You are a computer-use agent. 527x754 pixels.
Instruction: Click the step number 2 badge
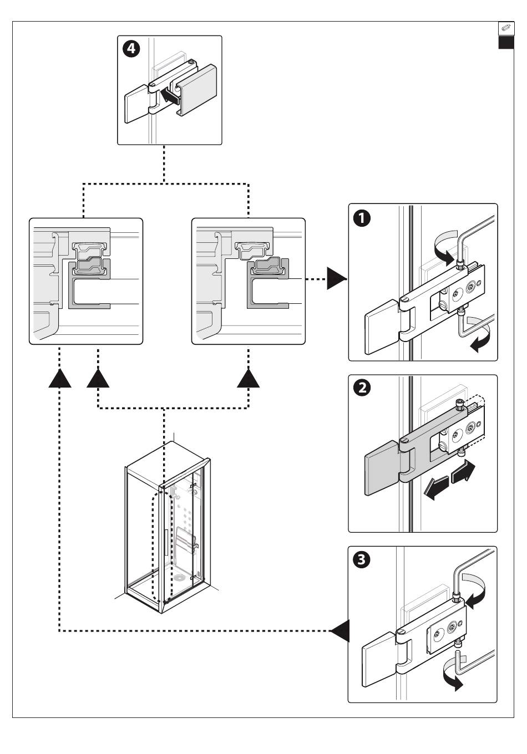(362, 389)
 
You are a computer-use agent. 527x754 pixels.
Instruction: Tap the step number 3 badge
(362, 560)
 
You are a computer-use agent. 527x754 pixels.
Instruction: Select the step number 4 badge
(131, 50)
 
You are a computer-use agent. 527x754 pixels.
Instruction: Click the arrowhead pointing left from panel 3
(340, 631)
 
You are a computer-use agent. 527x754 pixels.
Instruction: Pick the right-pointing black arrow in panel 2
(463, 472)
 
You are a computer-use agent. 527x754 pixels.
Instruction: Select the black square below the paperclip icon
(505, 42)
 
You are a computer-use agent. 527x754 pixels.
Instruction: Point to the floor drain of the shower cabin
(179, 577)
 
